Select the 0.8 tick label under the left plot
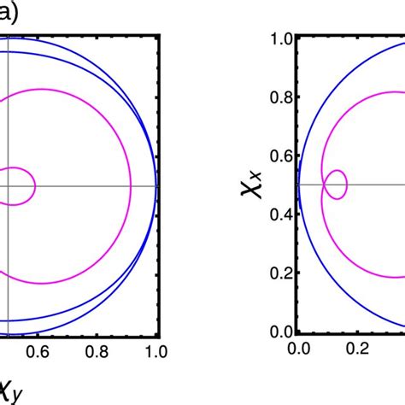point(97,351)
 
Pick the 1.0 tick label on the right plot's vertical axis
point(282,38)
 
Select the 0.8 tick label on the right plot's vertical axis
point(282,97)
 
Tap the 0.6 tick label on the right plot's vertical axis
point(282,156)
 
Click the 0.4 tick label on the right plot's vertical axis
point(282,214)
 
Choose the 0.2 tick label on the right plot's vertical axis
point(282,273)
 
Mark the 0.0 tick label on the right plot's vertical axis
point(282,332)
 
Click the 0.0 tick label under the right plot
point(298,349)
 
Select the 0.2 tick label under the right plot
point(357,349)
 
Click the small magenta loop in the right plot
point(338,185)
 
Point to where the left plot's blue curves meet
point(157,185)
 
